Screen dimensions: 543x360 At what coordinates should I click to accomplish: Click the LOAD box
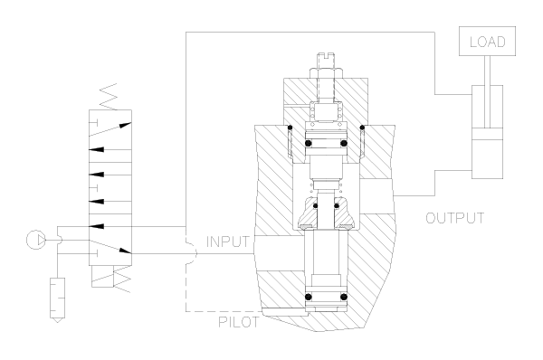(487, 42)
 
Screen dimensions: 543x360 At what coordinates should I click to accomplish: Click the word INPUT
(227, 242)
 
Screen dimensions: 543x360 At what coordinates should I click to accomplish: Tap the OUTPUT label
(454, 218)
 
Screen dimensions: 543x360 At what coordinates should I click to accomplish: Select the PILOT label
(239, 322)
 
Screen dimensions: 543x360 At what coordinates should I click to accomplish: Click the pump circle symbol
(36, 240)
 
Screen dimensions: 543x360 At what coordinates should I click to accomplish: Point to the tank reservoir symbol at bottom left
(58, 299)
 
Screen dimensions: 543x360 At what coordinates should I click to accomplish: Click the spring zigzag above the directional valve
(109, 97)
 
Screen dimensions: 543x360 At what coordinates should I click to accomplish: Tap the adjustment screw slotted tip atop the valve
(326, 61)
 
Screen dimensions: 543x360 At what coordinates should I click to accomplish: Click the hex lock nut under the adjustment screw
(326, 74)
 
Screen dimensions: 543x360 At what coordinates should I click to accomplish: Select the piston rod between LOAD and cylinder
(487, 91)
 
